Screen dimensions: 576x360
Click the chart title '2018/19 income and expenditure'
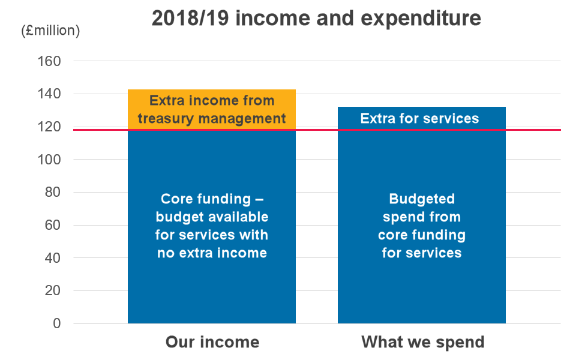[316, 19]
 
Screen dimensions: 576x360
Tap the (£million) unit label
[50, 31]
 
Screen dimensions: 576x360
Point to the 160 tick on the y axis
[49, 61]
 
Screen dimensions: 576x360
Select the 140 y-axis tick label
[49, 94]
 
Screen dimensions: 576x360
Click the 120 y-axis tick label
[49, 127]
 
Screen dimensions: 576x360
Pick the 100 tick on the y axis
[49, 160]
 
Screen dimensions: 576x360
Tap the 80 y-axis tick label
[53, 192]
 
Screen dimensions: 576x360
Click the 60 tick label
[53, 225]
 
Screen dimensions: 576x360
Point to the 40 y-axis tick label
[53, 258]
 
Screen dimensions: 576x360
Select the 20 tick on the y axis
[53, 290]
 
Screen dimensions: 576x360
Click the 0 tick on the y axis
[57, 323]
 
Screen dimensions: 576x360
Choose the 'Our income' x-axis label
[212, 342]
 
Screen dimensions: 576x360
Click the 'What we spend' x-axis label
[423, 343]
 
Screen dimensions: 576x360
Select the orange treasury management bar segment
[212, 109]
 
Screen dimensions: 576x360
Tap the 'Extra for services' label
[419, 118]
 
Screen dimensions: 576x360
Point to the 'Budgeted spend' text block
[422, 226]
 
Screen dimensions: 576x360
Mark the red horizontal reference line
[317, 130]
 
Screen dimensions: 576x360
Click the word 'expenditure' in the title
[421, 19]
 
